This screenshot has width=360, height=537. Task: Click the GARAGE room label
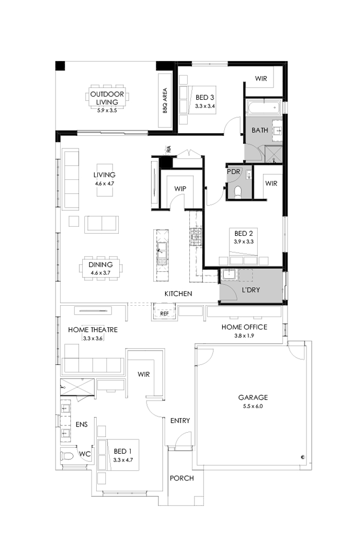click(253, 397)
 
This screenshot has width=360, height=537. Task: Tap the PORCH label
click(182, 478)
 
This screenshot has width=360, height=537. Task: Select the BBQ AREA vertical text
click(166, 101)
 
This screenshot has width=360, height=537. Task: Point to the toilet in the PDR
click(238, 192)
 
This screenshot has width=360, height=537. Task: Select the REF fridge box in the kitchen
click(165, 312)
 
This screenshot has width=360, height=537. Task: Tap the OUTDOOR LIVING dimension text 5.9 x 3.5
click(107, 110)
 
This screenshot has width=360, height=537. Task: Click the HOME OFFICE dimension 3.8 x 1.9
click(244, 336)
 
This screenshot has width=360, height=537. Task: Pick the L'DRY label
click(250, 290)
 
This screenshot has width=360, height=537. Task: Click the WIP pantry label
click(180, 189)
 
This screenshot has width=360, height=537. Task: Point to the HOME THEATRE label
click(93, 329)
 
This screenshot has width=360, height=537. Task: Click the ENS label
click(81, 424)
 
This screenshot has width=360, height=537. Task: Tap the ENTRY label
click(180, 420)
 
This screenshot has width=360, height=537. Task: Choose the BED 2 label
click(244, 233)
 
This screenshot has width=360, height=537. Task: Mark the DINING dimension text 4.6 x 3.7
click(101, 272)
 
